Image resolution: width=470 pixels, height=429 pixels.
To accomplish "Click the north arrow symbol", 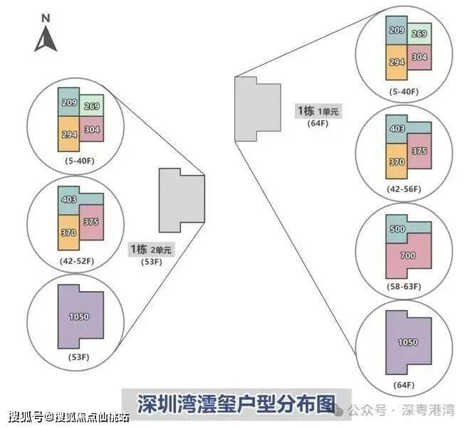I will [45, 39].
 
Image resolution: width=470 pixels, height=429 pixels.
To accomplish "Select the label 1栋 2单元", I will [150, 249].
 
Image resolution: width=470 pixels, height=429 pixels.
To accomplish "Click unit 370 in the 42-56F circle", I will [395, 162].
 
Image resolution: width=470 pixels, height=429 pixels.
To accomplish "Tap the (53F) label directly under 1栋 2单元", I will [150, 262].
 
